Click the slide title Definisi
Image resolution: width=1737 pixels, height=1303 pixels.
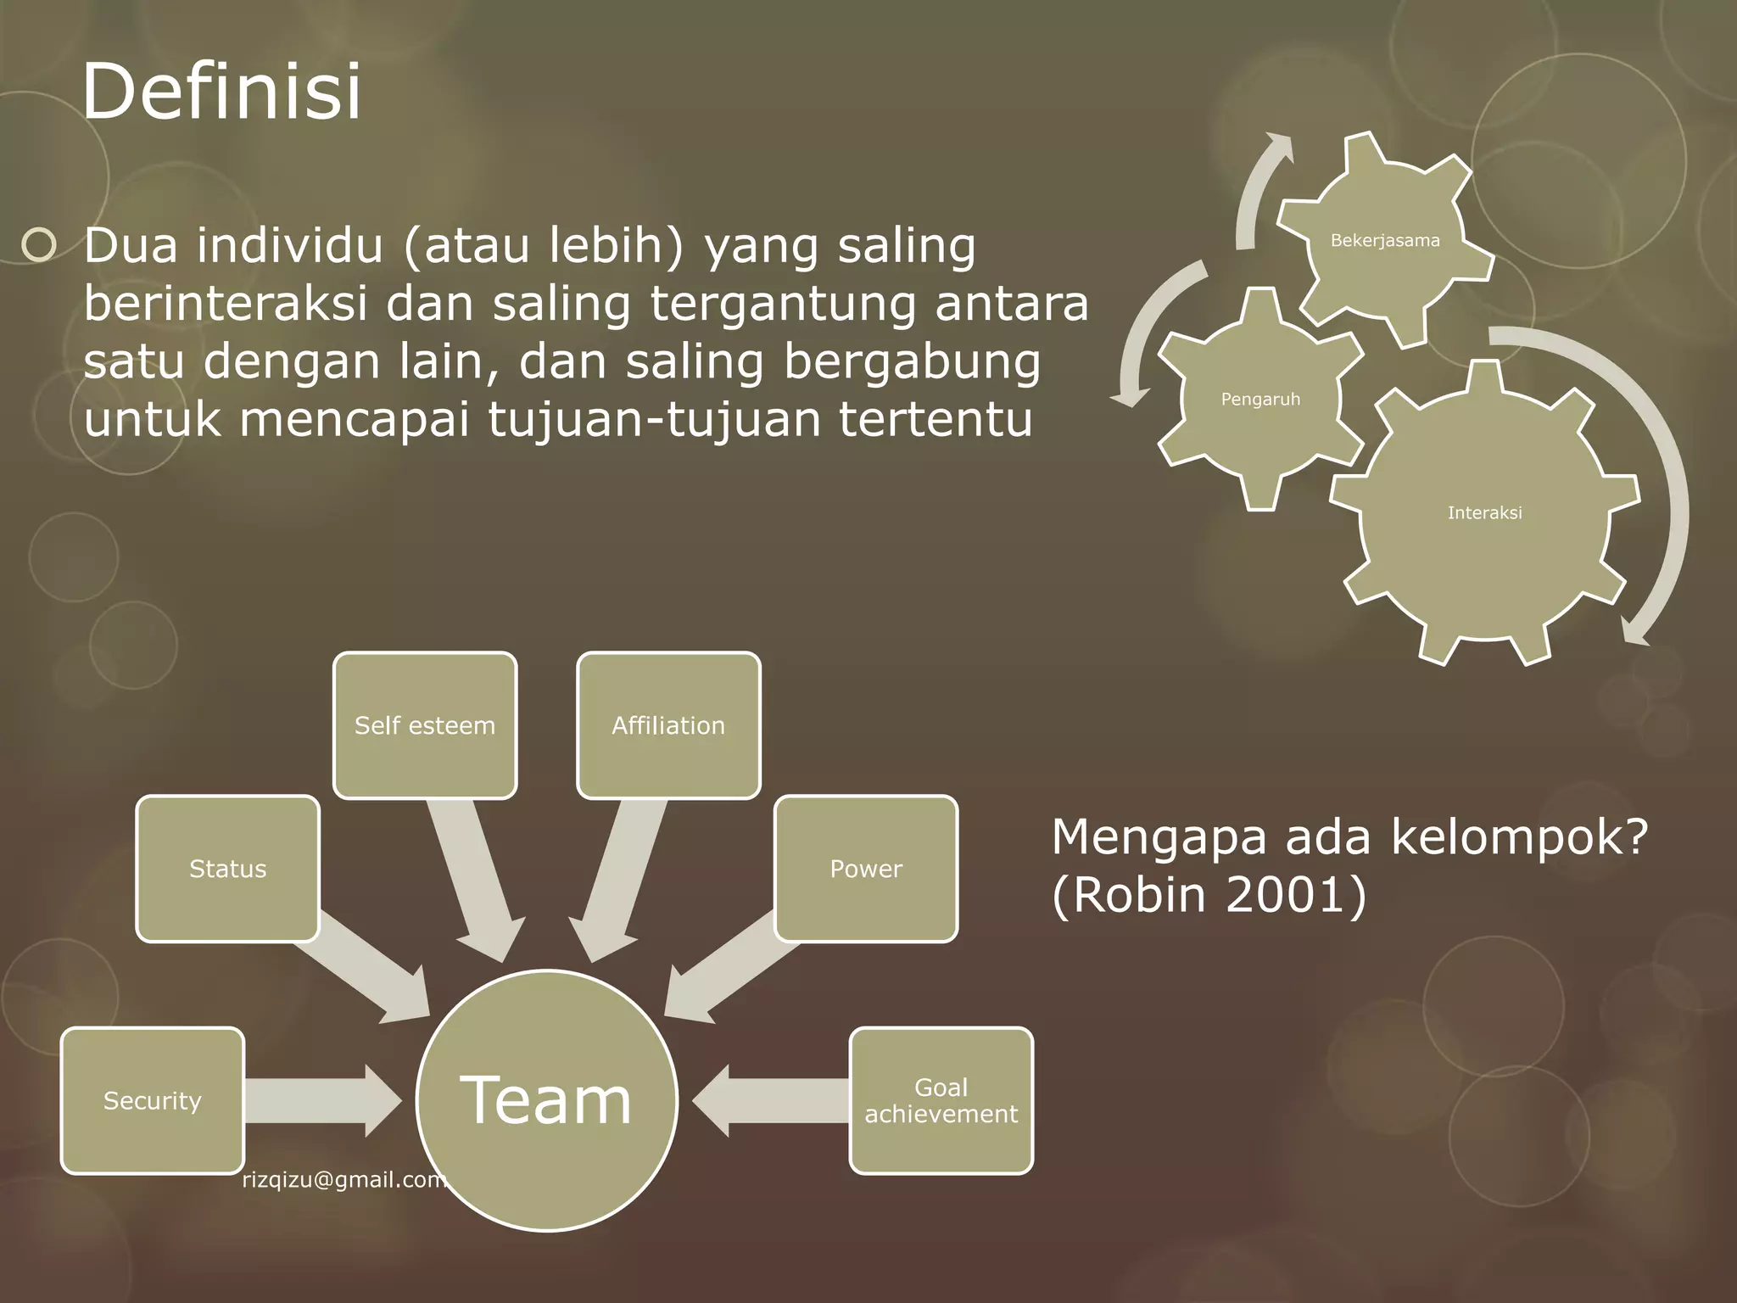coord(222,92)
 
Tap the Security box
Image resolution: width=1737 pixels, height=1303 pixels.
coord(153,1100)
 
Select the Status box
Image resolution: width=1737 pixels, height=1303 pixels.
coord(227,869)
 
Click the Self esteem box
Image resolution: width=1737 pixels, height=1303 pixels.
coord(425,725)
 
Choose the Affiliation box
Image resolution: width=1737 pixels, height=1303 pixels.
coord(668,725)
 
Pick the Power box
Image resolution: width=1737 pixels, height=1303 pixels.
coord(866,869)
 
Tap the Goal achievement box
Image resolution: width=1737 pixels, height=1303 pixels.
coord(941,1100)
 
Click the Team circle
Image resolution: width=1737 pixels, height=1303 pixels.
coord(547,1100)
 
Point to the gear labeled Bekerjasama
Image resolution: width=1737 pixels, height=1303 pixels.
coord(1385,240)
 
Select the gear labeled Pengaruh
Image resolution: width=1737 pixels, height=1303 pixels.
coord(1260,399)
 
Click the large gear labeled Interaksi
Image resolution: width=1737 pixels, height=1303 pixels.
coord(1484,512)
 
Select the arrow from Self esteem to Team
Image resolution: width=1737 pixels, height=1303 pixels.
coord(475,882)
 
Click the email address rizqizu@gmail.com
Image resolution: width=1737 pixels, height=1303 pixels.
coord(343,1180)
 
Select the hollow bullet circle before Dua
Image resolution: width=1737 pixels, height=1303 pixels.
coord(39,246)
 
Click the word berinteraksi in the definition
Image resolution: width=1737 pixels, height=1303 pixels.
coord(226,304)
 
